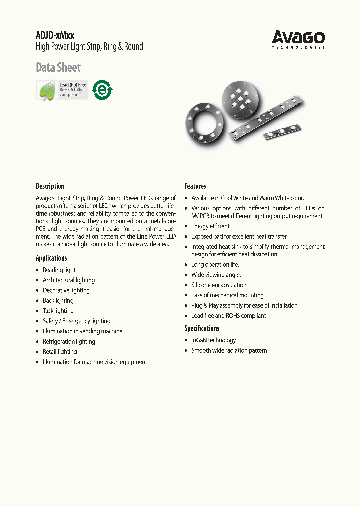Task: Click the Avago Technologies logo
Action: coord(298,39)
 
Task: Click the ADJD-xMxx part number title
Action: coord(55,35)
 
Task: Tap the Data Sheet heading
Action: coord(58,67)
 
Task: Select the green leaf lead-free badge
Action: coord(62,90)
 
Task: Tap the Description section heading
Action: coord(50,186)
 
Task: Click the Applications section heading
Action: coord(51,258)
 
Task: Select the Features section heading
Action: coord(195,186)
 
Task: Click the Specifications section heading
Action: coord(202,328)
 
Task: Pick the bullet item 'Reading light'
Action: coord(59,270)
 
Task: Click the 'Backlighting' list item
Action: coord(58,301)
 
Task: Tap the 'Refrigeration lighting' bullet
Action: coord(69,342)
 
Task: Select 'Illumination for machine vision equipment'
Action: coord(95,362)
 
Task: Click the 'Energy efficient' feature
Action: coord(210,226)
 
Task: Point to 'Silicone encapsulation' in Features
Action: coord(219,285)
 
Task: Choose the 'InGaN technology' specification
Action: coord(213,340)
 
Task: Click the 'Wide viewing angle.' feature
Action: coord(216,275)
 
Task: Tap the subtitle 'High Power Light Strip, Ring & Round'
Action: coord(89,47)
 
